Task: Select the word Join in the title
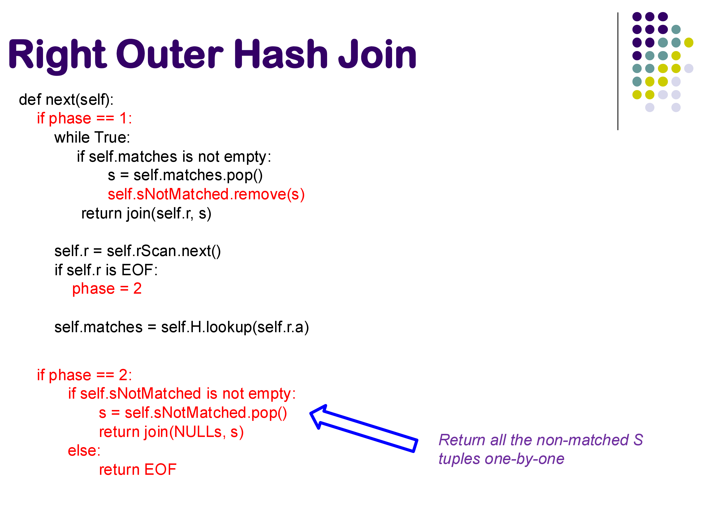(377, 54)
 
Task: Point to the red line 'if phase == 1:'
(84, 118)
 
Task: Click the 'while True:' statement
(92, 137)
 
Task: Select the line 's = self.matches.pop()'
(185, 175)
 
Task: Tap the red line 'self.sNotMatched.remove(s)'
(206, 194)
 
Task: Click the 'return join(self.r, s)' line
(146, 214)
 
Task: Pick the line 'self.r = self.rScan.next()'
(138, 251)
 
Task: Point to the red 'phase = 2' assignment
(107, 289)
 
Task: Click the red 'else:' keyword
(84, 451)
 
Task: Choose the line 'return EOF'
(138, 470)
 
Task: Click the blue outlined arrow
(364, 428)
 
